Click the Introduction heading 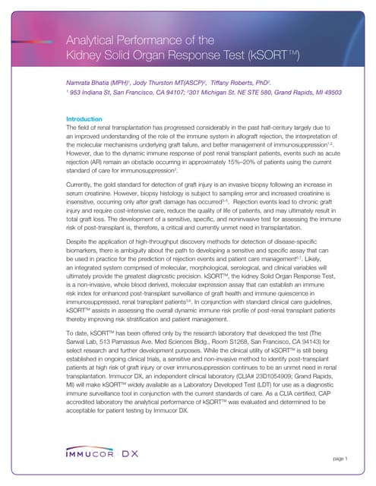(x=84, y=119)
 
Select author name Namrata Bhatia (x=91, y=80)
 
